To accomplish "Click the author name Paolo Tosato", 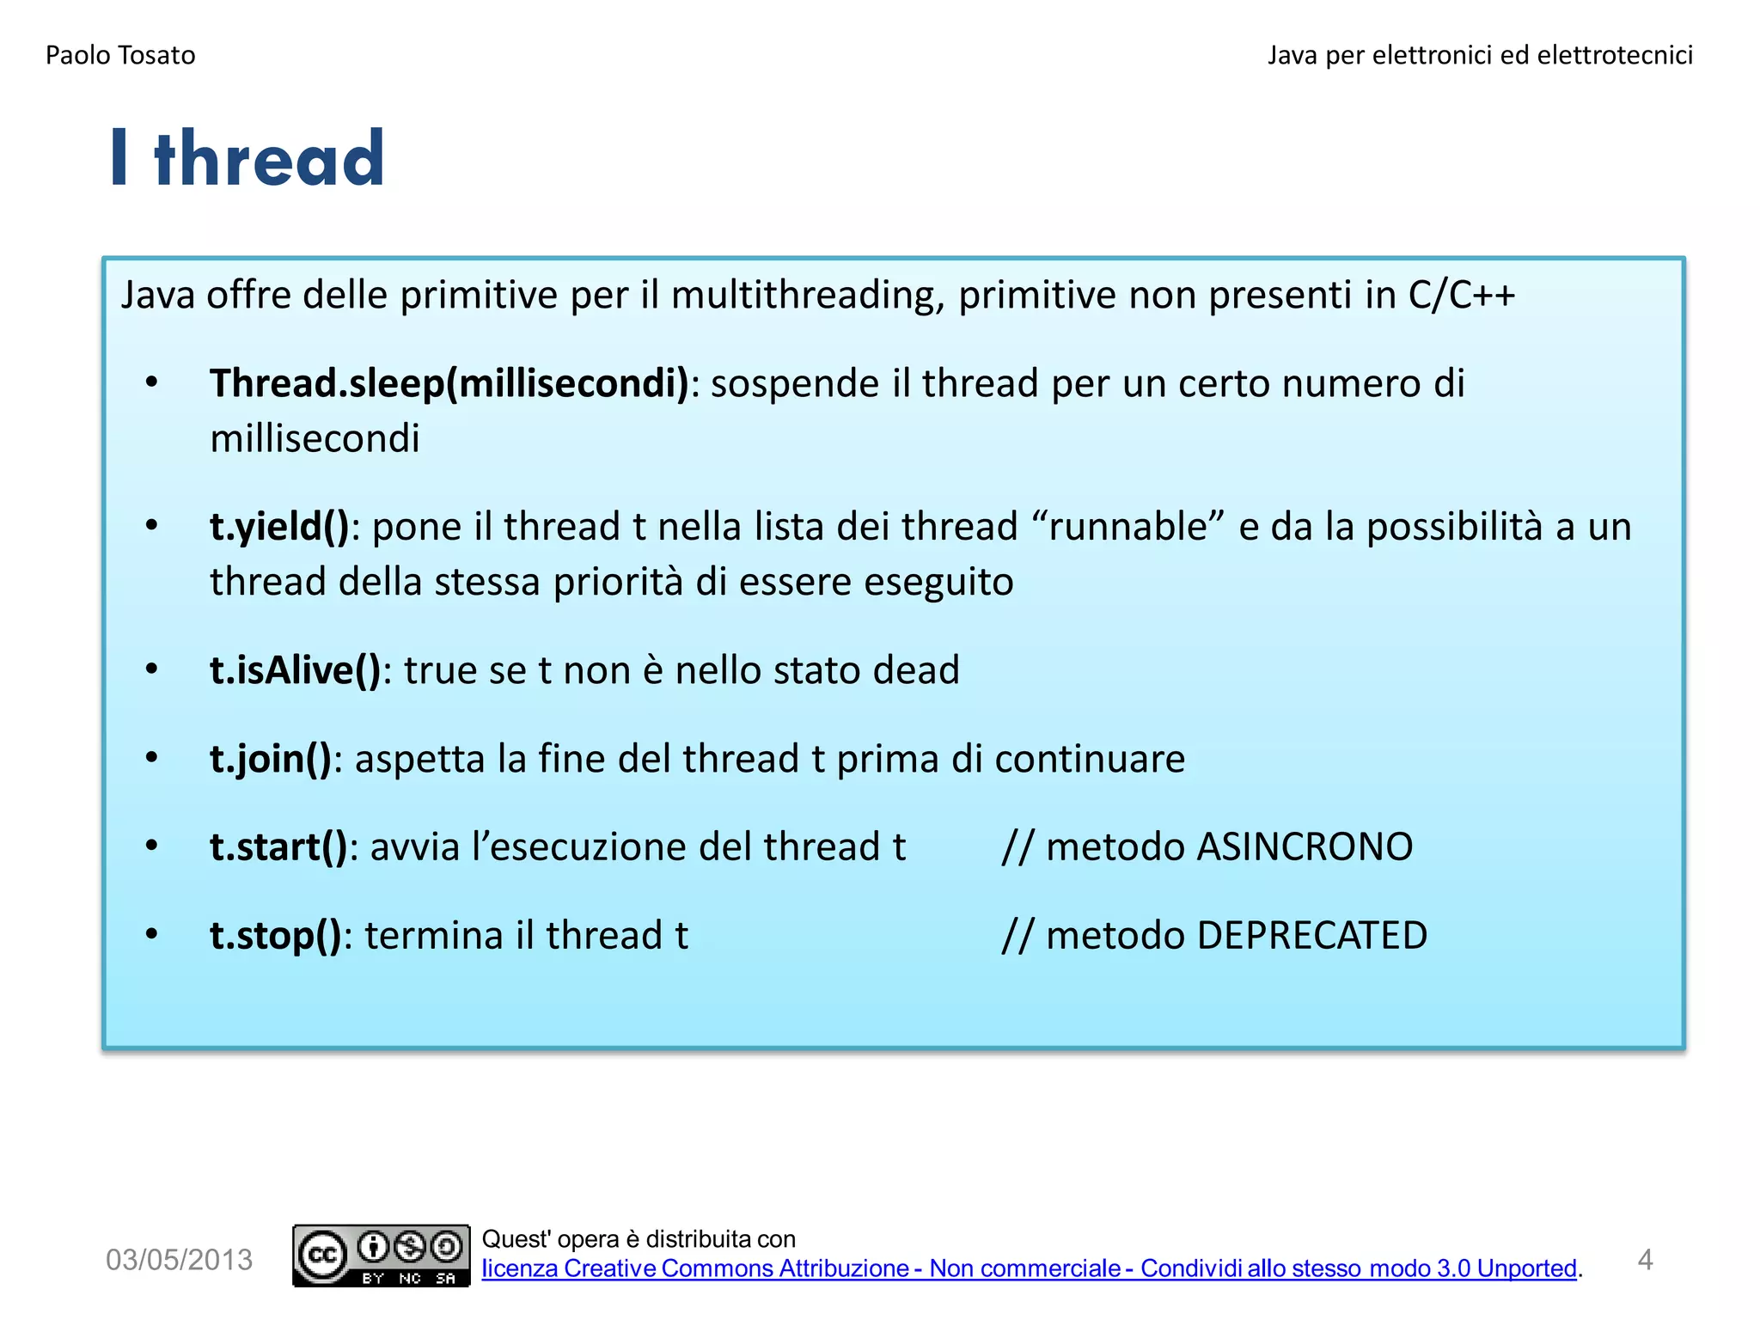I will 120,55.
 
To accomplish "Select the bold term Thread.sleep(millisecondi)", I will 449,383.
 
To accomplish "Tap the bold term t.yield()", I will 279,527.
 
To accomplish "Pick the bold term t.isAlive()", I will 295,670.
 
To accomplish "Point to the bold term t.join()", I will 270,759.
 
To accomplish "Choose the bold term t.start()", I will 278,847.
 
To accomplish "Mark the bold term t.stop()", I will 275,936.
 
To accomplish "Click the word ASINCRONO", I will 1305,847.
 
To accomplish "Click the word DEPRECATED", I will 1311,936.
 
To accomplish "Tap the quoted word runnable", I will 1128,527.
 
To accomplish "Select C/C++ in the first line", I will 1461,295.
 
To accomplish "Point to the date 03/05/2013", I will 179,1260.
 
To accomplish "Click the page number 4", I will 1645,1260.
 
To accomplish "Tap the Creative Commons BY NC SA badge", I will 381,1256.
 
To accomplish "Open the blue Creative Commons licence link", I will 1029,1269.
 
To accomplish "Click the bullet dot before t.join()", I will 152,758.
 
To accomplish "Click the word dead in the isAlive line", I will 915,670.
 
